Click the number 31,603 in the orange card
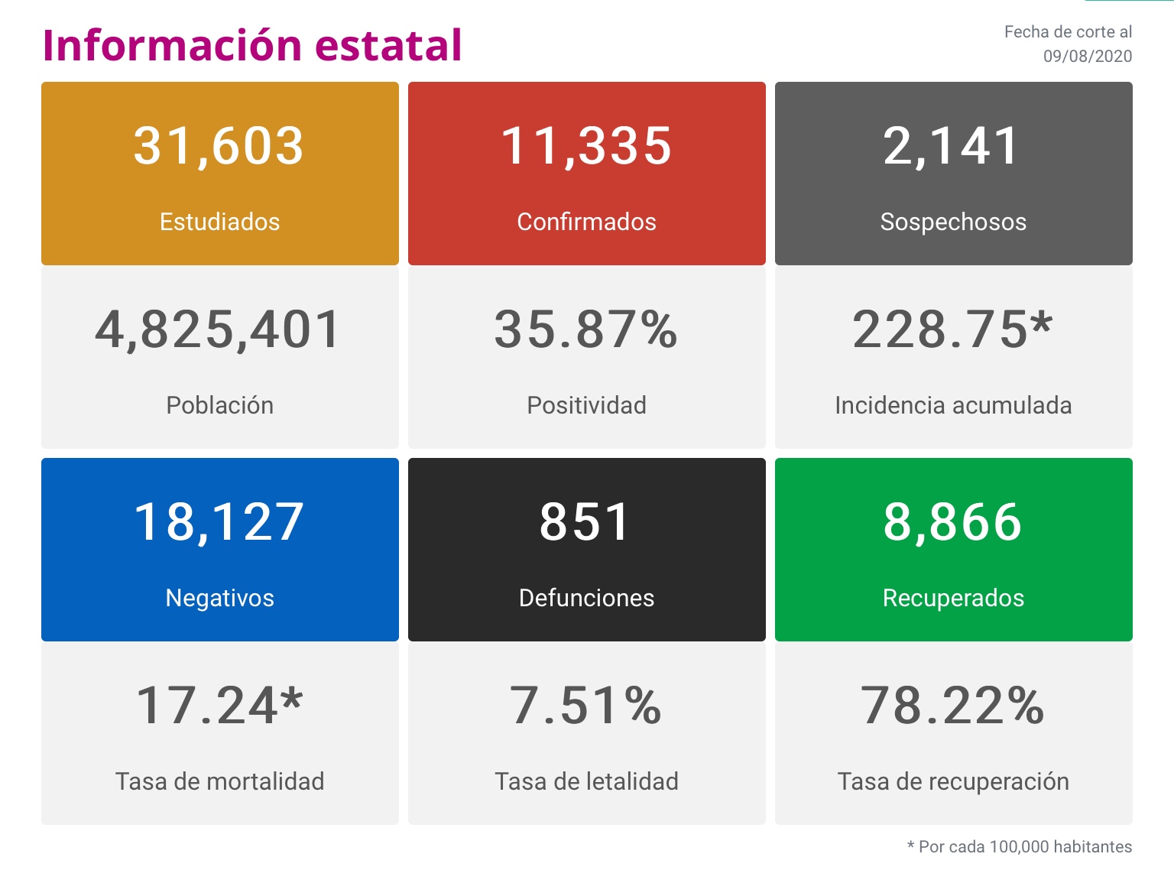[219, 146]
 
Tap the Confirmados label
[586, 222]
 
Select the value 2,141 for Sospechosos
[952, 146]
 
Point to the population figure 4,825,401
[219, 330]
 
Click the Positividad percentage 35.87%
[586, 330]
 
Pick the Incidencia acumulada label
[953, 405]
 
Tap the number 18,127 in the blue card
[219, 522]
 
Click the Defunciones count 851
[585, 522]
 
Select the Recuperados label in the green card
[953, 598]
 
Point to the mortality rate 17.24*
[219, 706]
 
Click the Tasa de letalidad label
[586, 781]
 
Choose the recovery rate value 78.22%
[952, 706]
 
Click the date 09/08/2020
[1087, 57]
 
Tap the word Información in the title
[172, 45]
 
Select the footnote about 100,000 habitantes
[1019, 847]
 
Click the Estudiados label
[219, 222]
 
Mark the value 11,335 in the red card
[586, 146]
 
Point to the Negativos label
[219, 598]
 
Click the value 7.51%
[585, 706]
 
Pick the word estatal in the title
[388, 45]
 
